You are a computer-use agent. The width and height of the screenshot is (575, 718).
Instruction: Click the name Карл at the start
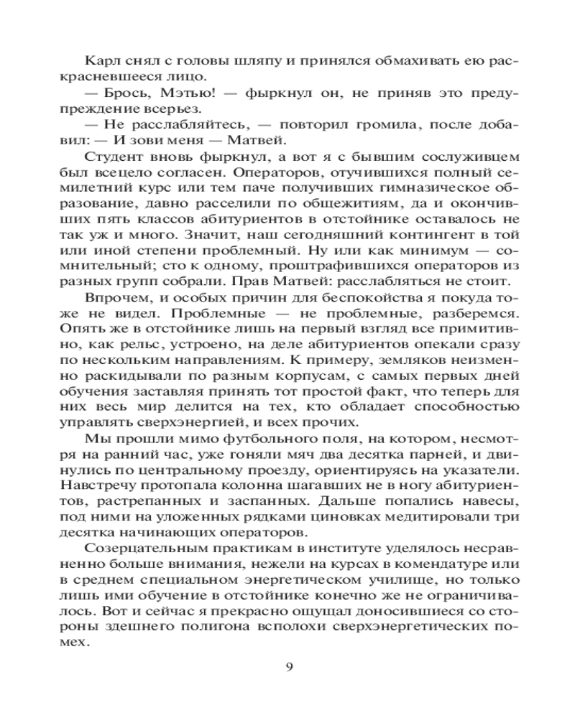[98, 60]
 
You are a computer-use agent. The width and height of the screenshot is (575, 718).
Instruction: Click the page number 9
[289, 666]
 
